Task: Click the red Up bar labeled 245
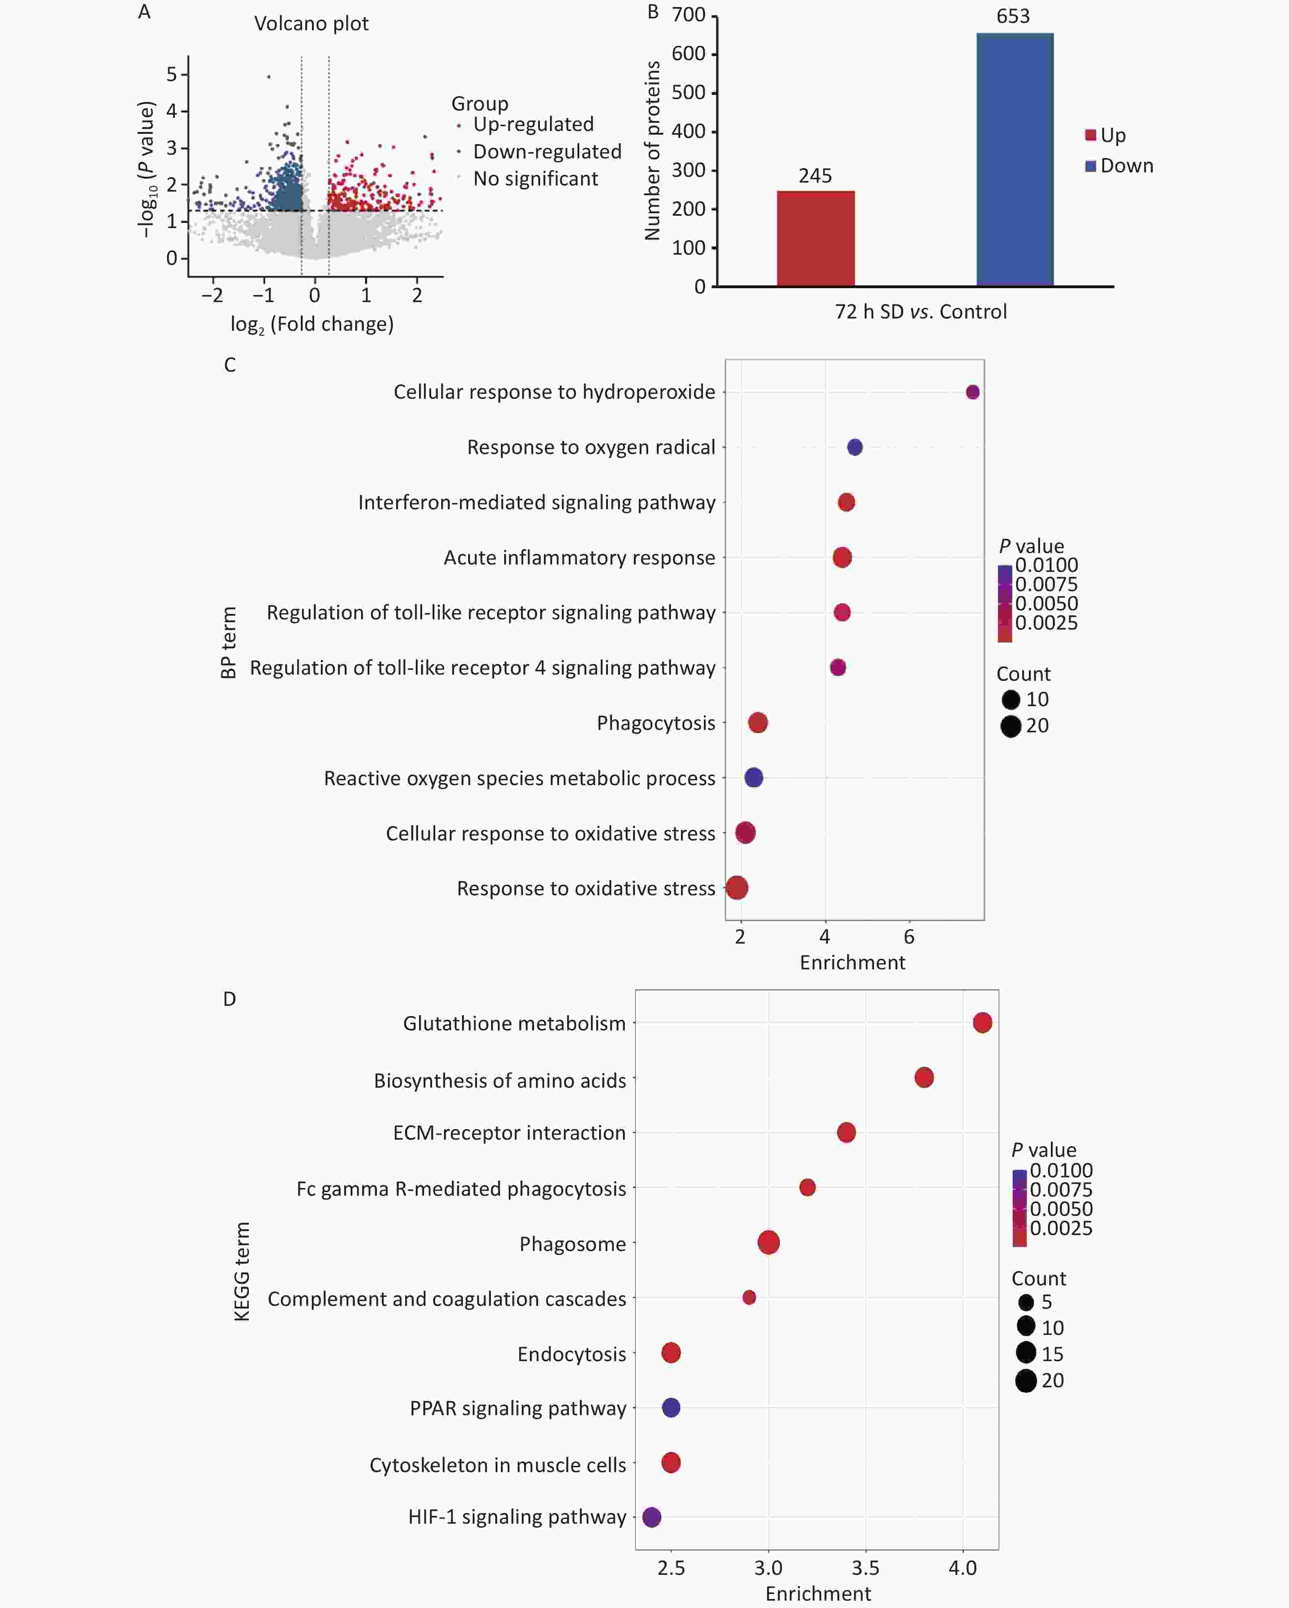coord(816,239)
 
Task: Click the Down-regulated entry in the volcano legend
coord(546,151)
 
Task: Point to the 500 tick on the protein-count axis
coord(688,93)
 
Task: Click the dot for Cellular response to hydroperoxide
coord(972,392)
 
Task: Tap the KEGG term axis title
coord(241,1271)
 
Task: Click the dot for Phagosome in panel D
coord(768,1242)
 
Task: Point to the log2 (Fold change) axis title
coord(312,325)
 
